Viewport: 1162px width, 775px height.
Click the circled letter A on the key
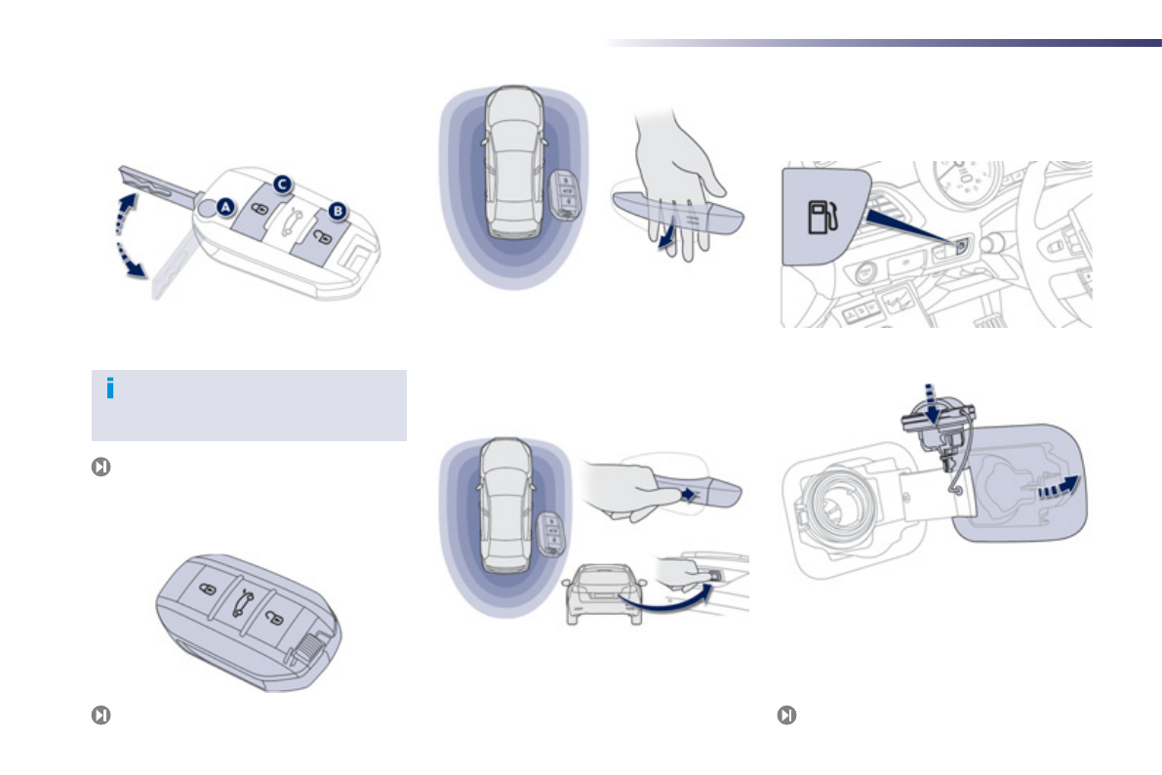pyautogui.click(x=225, y=207)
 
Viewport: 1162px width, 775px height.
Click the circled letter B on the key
pyautogui.click(x=338, y=210)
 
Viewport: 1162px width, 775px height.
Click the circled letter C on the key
pyautogui.click(x=281, y=183)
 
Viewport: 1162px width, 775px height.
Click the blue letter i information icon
pyautogui.click(x=110, y=388)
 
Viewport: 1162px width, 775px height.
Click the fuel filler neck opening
pyautogui.click(x=828, y=508)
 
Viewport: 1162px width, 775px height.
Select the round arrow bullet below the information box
pyautogui.click(x=100, y=467)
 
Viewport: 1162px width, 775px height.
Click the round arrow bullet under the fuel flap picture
pyautogui.click(x=786, y=714)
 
